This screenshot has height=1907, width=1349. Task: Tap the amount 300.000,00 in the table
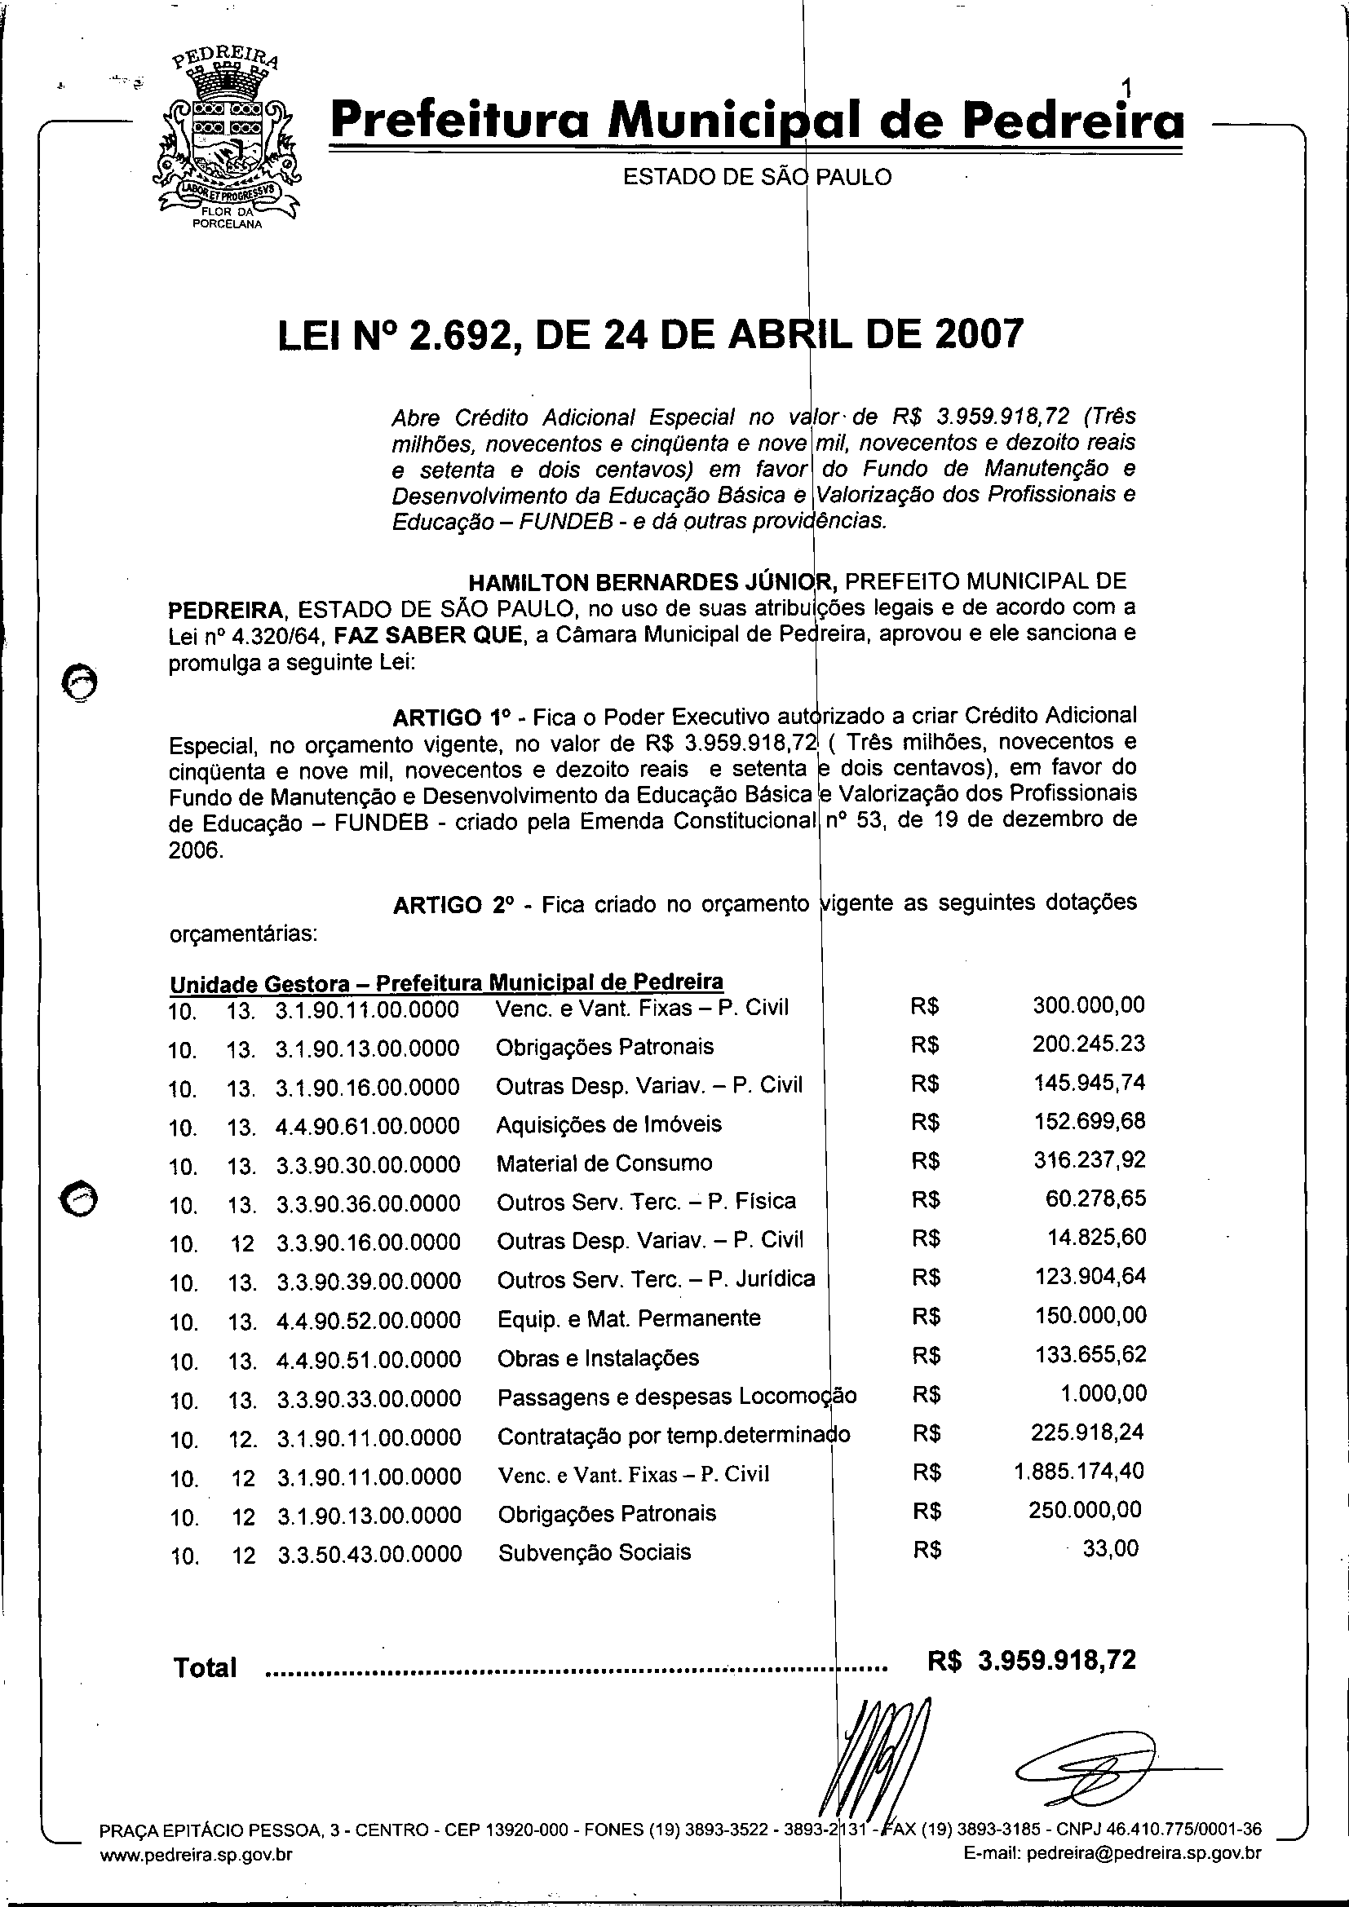[x=1088, y=1005]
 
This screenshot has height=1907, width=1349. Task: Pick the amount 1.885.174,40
[x=1079, y=1472]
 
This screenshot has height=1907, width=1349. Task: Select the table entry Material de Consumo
[x=604, y=1163]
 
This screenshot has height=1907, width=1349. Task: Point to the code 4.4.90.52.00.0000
[x=369, y=1320]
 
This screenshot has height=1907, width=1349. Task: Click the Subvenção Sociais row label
[x=594, y=1552]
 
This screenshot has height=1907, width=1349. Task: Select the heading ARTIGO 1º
[x=449, y=717]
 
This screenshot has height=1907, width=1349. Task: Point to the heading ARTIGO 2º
[x=450, y=904]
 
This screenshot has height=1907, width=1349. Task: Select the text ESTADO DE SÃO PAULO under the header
[x=757, y=177]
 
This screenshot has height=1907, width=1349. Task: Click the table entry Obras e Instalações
[x=598, y=1358]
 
